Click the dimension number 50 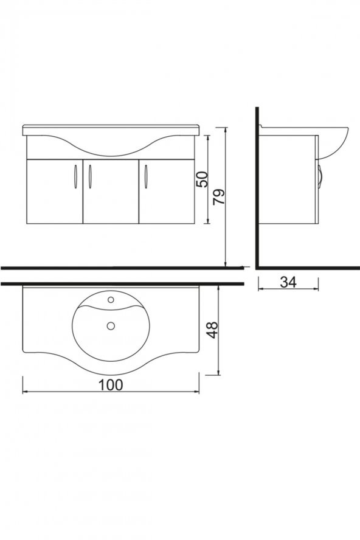tap(202, 178)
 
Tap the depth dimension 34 tap(288, 282)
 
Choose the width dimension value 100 tap(110, 384)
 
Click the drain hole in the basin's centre tap(111, 326)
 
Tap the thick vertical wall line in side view tap(257, 189)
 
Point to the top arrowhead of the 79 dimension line tap(226, 130)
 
